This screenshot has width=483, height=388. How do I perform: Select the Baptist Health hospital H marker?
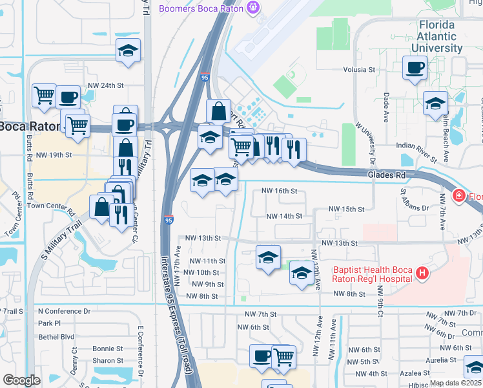(422, 274)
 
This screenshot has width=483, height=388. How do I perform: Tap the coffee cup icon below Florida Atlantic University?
(414, 67)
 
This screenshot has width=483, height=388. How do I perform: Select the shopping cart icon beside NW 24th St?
(44, 96)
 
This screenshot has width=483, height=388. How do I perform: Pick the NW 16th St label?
(279, 191)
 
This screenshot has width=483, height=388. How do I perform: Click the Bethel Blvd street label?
(56, 337)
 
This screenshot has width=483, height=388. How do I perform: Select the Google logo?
(21, 380)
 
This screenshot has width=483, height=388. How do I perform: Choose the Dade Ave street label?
(386, 101)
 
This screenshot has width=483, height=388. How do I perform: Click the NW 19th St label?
(54, 155)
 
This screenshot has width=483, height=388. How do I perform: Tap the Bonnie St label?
(107, 348)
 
